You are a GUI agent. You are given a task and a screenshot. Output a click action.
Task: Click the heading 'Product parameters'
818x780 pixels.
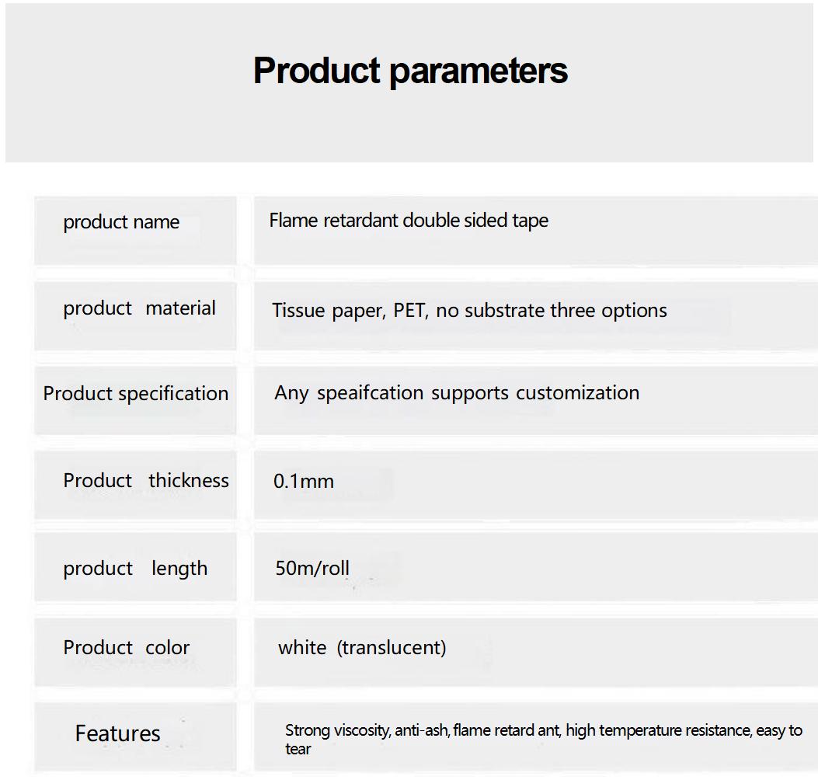[411, 71]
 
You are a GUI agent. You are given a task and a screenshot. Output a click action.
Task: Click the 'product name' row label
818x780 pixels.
[121, 222]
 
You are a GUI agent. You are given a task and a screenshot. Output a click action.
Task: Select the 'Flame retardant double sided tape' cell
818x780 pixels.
[409, 221]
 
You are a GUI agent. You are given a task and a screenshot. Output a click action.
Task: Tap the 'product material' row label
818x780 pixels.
[139, 308]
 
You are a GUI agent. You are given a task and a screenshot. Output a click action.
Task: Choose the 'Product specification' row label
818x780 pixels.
[136, 394]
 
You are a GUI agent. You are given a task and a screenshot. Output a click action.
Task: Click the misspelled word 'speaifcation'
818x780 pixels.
[370, 393]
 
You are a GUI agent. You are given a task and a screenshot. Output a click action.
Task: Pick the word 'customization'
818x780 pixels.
[577, 392]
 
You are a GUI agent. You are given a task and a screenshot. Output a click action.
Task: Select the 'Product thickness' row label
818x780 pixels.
[146, 480]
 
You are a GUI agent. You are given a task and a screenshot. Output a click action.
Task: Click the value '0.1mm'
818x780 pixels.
[304, 481]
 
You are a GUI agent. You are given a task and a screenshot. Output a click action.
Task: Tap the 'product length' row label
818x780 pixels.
[135, 568]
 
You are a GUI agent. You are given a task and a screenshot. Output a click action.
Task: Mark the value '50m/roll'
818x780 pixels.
[312, 568]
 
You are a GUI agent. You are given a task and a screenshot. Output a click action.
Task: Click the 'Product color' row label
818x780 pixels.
[127, 647]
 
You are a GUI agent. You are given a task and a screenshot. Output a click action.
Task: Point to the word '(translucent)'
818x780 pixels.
[392, 647]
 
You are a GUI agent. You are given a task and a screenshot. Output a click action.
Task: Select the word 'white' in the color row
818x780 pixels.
[302, 647]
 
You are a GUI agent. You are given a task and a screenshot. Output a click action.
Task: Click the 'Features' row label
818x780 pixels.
[118, 733]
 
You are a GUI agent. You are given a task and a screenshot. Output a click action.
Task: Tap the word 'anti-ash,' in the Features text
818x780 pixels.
[422, 730]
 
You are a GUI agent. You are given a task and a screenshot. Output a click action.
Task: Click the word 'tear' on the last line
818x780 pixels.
[298, 749]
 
